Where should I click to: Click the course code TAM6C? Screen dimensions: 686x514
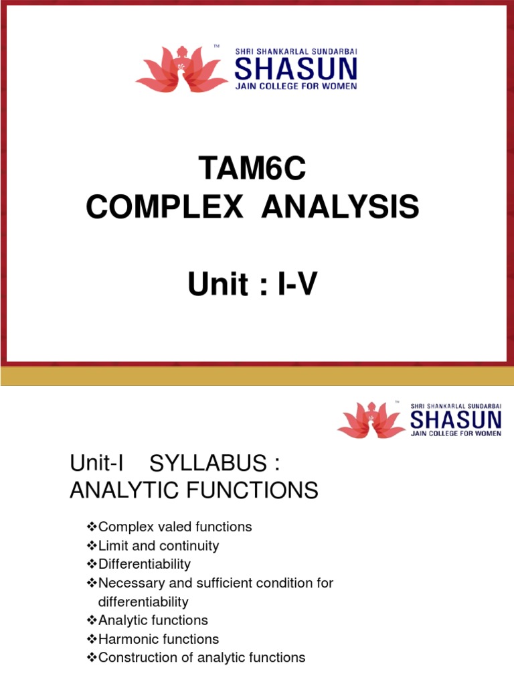(252, 169)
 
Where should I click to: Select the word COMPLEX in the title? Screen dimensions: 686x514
(164, 208)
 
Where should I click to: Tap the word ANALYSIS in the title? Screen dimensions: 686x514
(340, 208)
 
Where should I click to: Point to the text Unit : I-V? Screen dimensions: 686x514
(252, 285)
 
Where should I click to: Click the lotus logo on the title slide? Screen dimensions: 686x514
(181, 68)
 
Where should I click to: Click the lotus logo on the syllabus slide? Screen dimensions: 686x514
(371, 421)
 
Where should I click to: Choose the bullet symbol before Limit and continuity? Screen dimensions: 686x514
(92, 546)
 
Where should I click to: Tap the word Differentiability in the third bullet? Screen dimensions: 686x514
(144, 564)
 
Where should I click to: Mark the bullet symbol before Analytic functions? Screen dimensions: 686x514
(92, 620)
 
